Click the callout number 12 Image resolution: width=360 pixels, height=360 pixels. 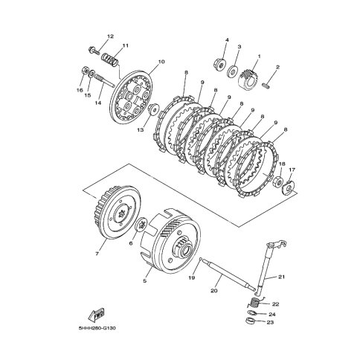pos(110,36)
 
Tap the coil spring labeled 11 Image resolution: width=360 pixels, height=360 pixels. pos(109,60)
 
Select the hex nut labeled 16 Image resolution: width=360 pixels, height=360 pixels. pos(85,71)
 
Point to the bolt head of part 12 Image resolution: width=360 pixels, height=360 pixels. pos(91,50)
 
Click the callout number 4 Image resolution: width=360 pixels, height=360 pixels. pos(227,40)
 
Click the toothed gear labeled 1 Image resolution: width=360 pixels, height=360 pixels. pos(248,80)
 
